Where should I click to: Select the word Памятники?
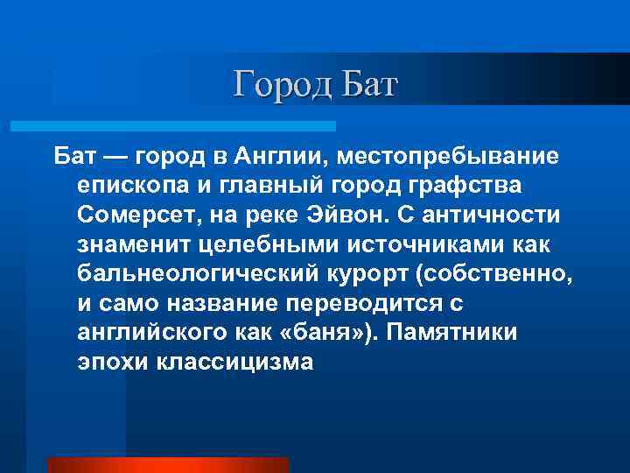click(x=461, y=333)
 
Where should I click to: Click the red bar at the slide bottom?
click(x=166, y=465)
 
